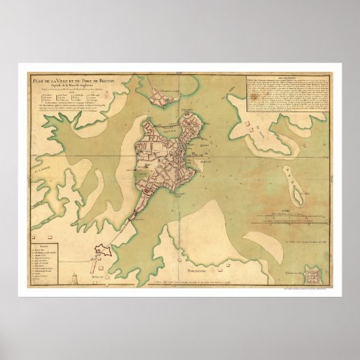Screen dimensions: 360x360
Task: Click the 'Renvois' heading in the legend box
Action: (x=43, y=230)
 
